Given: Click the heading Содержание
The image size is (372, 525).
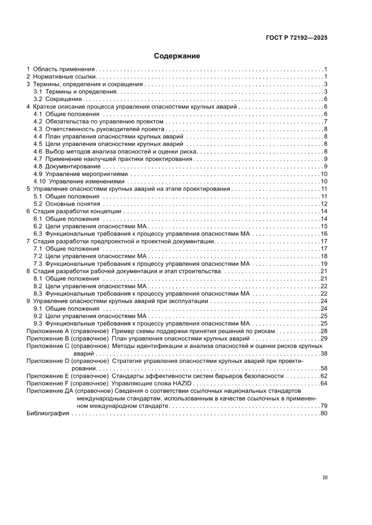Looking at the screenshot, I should pos(177,56).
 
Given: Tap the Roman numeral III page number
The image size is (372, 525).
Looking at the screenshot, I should pos(324,477).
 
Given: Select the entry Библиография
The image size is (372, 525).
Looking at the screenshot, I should pos(48,413).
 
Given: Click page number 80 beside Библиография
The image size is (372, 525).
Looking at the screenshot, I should pos(323,413).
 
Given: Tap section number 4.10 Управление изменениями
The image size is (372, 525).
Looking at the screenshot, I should pos(41,181).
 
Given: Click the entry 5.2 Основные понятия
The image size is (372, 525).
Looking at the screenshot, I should pos(67,204).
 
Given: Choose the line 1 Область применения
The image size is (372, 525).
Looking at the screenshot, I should pos(61,69).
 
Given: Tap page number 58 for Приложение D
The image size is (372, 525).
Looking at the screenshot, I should pos(323,368).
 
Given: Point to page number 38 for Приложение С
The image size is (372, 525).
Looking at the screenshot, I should pos(323,353).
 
